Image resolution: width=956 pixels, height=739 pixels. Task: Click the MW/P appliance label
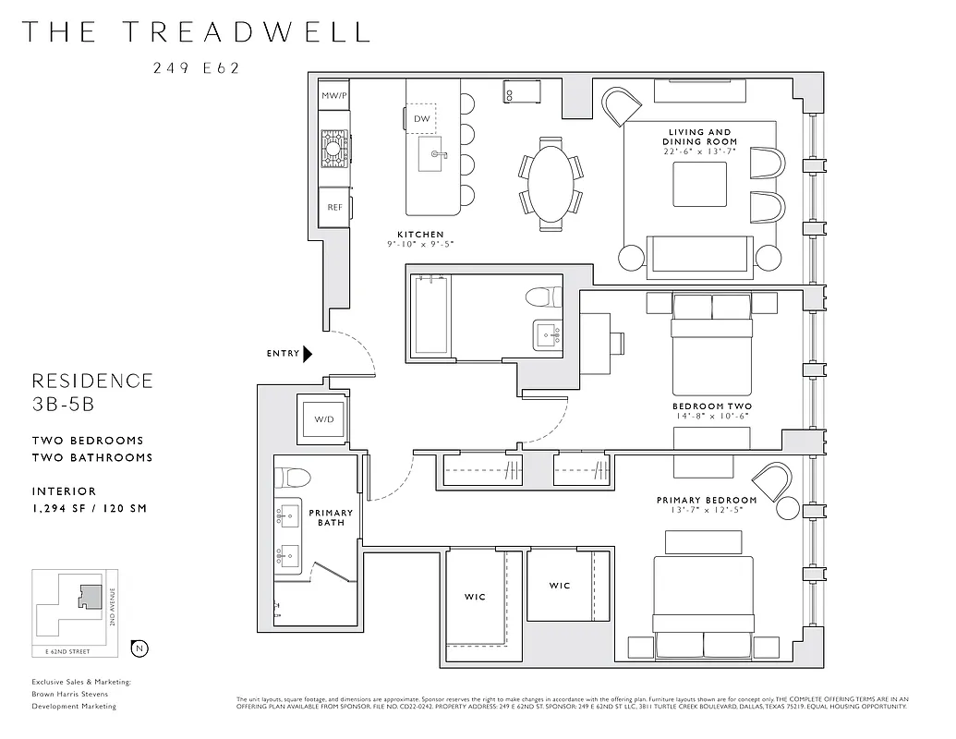tap(333, 96)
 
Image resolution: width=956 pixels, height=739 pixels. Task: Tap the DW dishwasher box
tap(421, 119)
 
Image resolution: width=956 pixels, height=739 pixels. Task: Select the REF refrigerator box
tap(334, 207)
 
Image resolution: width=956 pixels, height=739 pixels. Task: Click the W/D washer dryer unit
tap(323, 419)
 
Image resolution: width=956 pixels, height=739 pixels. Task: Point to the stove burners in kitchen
tap(334, 146)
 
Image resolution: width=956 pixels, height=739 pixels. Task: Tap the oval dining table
tap(551, 183)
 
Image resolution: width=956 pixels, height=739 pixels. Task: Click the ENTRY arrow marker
tap(309, 353)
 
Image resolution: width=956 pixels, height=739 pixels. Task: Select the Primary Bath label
tap(331, 517)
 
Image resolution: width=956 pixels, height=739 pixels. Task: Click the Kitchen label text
tap(420, 235)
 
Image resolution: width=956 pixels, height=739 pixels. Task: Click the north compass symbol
tap(139, 648)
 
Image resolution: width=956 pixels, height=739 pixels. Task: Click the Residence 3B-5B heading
tap(92, 392)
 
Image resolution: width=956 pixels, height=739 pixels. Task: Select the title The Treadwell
tap(195, 31)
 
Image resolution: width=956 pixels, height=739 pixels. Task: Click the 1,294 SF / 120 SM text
tap(89, 508)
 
